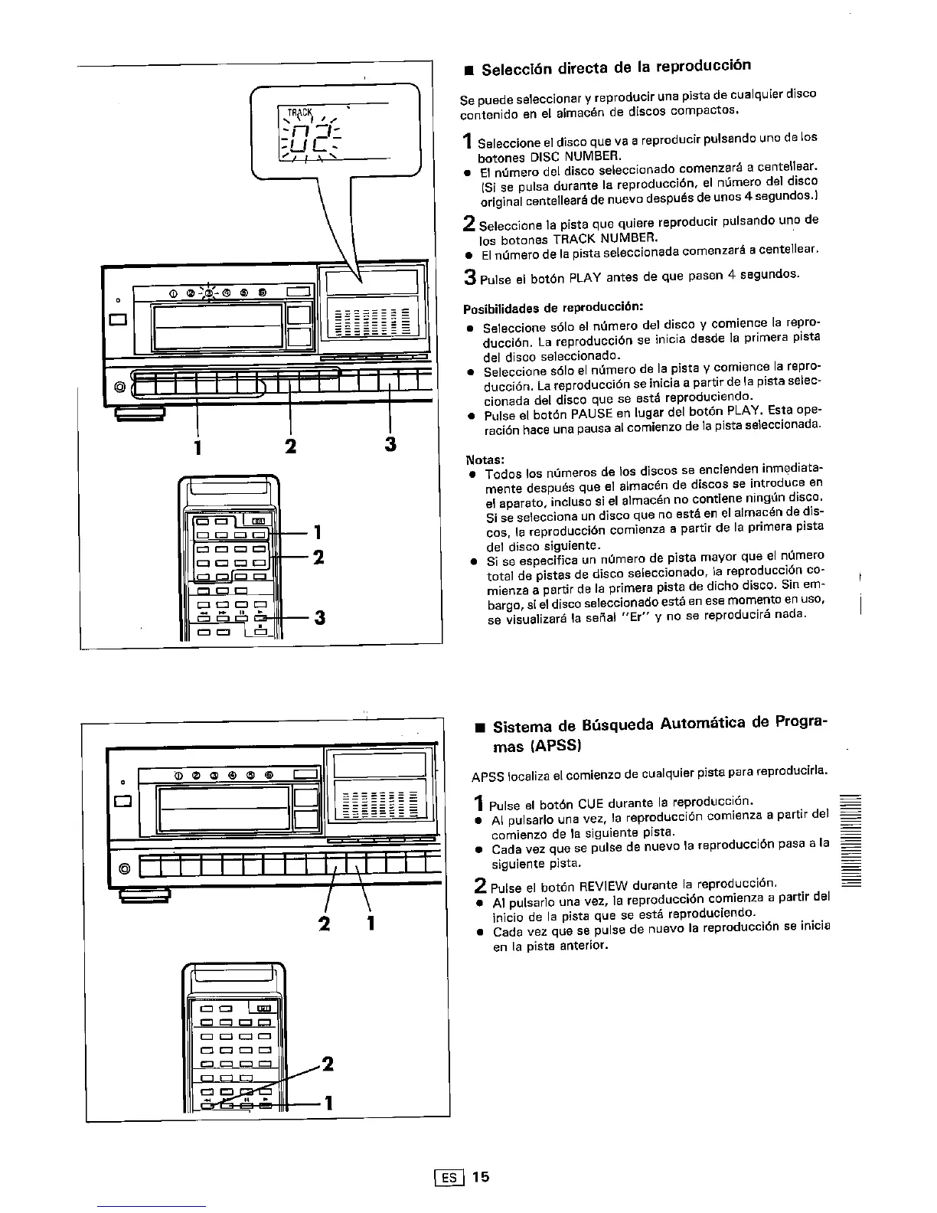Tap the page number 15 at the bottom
(480, 1176)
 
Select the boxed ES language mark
(445, 1177)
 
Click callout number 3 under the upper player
(390, 444)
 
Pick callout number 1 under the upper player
(198, 446)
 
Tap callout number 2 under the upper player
(290, 445)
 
